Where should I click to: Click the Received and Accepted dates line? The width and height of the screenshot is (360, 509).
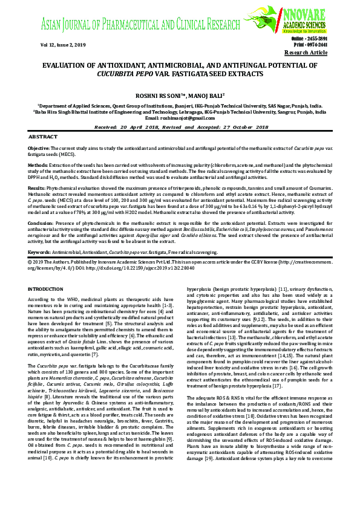pos(180,128)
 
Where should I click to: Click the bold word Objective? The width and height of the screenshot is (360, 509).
pos(39,148)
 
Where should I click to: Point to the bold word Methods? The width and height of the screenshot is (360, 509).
pos(38,164)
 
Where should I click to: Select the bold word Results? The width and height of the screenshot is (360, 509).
pos(38,189)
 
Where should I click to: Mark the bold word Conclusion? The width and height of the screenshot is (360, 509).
pos(42,224)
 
